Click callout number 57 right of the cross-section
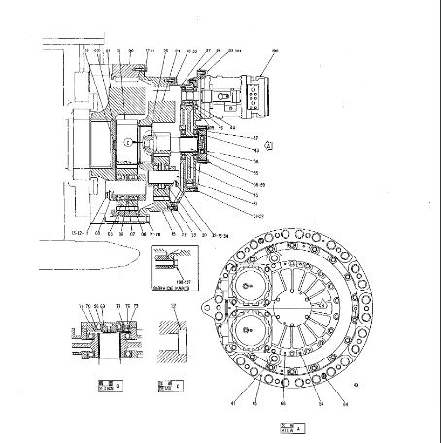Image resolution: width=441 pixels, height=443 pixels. click(256, 138)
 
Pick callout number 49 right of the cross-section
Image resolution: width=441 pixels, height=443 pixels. click(256, 150)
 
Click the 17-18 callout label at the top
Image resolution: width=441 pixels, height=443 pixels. click(151, 50)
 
